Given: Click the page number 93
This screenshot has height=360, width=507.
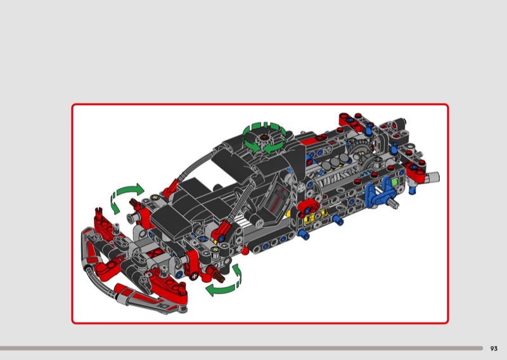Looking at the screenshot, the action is (494, 349).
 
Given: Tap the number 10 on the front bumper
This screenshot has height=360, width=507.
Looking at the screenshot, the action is (164, 305).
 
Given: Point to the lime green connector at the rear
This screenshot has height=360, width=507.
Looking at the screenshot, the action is (394, 182).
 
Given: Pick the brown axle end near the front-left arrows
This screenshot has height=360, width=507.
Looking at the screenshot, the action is (134, 203).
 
